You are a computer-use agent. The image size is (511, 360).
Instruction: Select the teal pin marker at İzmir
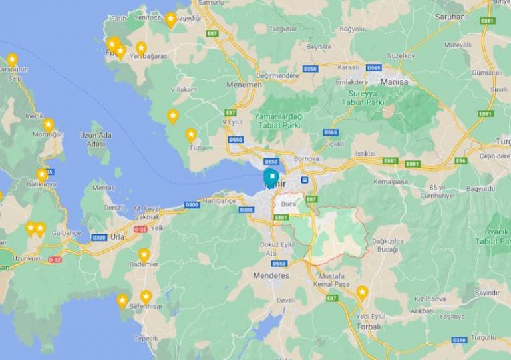pyautogui.click(x=271, y=177)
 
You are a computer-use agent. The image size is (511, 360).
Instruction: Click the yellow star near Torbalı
pyautogui.click(x=362, y=292)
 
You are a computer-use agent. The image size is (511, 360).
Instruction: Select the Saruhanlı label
pyautogui.click(x=452, y=16)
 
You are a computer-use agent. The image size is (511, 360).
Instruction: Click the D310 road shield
pyautogui.click(x=459, y=340)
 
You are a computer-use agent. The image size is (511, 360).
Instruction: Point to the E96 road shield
pyautogui.click(x=460, y=161)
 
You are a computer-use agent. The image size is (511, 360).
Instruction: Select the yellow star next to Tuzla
pyautogui.click(x=191, y=135)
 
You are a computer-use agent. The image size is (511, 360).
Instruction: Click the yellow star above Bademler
pyautogui.click(x=144, y=254)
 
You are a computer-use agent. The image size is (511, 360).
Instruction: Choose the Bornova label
pyautogui.click(x=307, y=159)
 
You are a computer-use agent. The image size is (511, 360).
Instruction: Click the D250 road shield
pyautogui.click(x=310, y=69)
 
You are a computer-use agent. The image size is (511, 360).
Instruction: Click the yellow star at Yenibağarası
pyautogui.click(x=141, y=48)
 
